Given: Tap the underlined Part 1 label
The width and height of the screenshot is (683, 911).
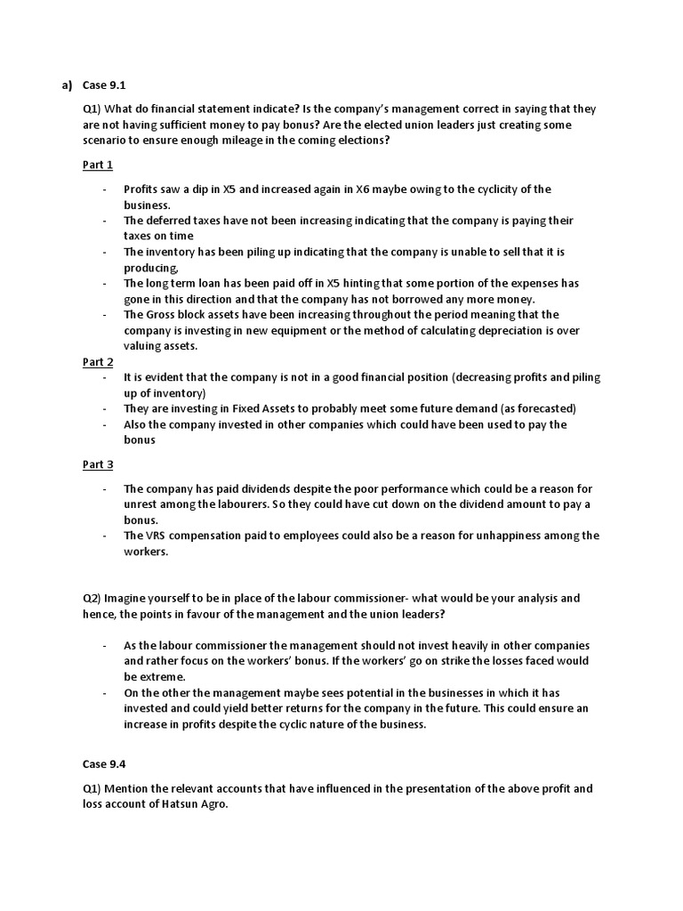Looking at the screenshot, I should pyautogui.click(x=98, y=165).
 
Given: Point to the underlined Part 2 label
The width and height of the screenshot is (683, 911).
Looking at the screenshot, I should pyautogui.click(x=98, y=362).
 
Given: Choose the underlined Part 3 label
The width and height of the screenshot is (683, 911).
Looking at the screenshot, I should pyautogui.click(x=98, y=464).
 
